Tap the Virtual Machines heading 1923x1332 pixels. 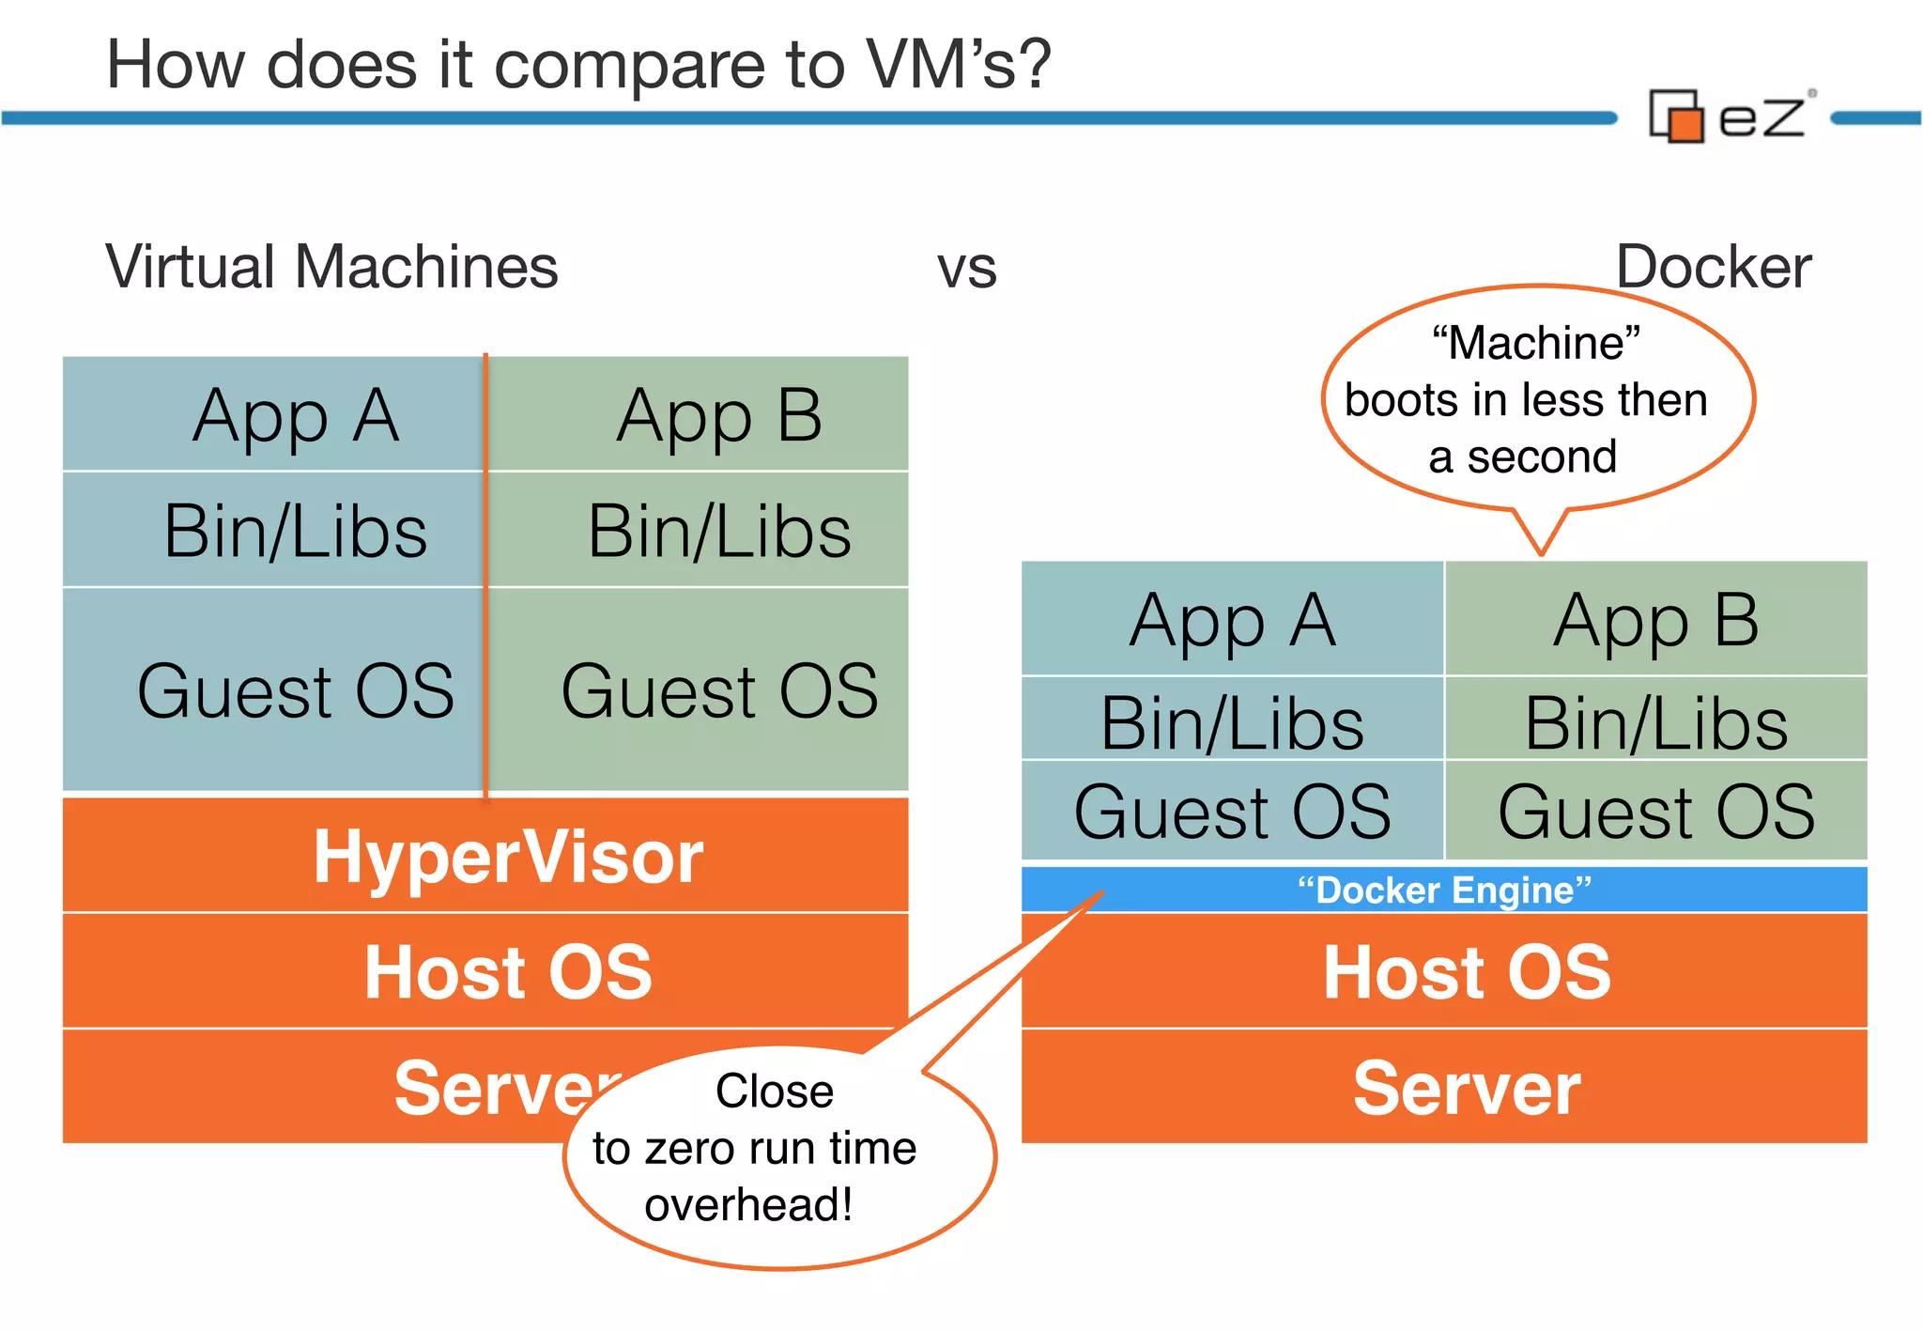[331, 267]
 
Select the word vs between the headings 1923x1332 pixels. [966, 269]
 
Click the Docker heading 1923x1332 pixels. [1713, 267]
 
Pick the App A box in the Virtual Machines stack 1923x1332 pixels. [295, 415]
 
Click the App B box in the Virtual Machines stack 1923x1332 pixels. [719, 415]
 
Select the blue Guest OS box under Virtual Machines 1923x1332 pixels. [295, 690]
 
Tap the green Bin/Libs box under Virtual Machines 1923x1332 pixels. [719, 531]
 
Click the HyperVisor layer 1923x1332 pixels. [507, 856]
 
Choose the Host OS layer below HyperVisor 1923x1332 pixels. [507, 971]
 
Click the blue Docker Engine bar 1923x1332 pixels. [1443, 890]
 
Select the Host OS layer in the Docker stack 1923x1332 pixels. [1466, 971]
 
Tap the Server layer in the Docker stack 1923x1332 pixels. [1466, 1088]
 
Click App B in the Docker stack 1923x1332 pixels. [1655, 620]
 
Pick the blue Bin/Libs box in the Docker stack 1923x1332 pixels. [1232, 722]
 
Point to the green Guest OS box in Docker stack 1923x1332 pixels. [1655, 812]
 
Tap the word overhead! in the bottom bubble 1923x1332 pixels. [748, 1204]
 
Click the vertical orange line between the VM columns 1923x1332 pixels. [485, 573]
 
